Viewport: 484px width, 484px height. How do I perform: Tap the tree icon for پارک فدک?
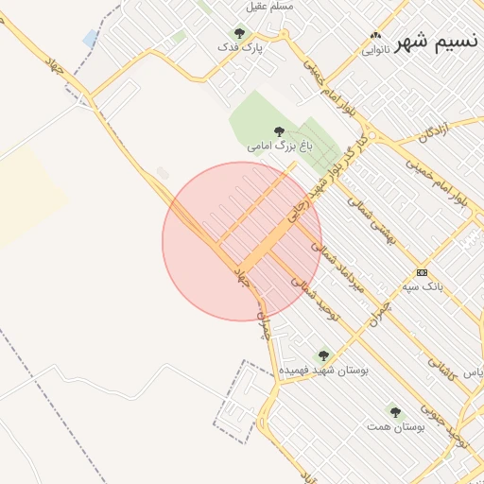tap(239, 33)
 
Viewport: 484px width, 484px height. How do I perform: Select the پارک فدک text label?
tap(239, 46)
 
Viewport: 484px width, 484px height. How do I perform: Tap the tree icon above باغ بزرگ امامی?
tap(278, 132)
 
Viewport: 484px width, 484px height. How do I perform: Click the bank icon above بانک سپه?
tap(422, 272)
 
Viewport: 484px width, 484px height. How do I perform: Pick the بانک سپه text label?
tap(422, 285)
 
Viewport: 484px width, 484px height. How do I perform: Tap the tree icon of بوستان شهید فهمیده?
tap(323, 356)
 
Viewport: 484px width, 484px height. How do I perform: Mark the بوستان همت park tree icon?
tap(395, 412)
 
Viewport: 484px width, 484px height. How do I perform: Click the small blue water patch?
tap(90, 38)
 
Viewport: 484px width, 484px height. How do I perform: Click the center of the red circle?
tap(242, 241)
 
